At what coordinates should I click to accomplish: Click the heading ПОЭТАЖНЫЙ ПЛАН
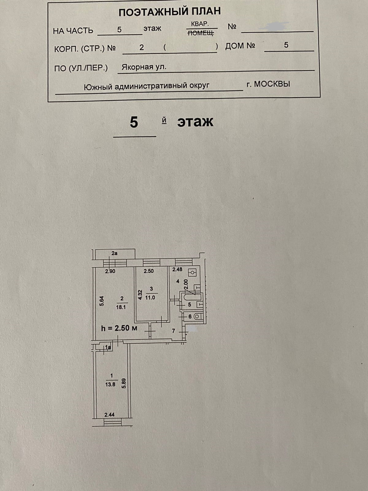tap(170, 12)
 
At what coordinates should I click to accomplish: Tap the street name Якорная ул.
tap(144, 67)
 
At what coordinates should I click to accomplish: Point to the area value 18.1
tap(121, 307)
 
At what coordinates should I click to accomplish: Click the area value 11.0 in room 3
tap(150, 297)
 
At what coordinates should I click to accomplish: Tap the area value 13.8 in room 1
tap(110, 384)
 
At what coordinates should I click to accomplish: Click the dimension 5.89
tap(124, 383)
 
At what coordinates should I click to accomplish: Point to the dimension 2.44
tap(109, 414)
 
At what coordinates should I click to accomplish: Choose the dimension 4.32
tap(140, 295)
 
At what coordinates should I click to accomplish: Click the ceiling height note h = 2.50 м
tap(119, 328)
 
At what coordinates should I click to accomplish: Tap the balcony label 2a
tap(114, 253)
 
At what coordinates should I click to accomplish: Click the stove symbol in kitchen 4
tap(193, 272)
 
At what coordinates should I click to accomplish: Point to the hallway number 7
tap(173, 331)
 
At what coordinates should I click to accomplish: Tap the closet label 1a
tap(108, 347)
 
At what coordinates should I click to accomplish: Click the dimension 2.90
tap(110, 271)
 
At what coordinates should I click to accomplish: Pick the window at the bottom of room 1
tap(113, 423)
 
